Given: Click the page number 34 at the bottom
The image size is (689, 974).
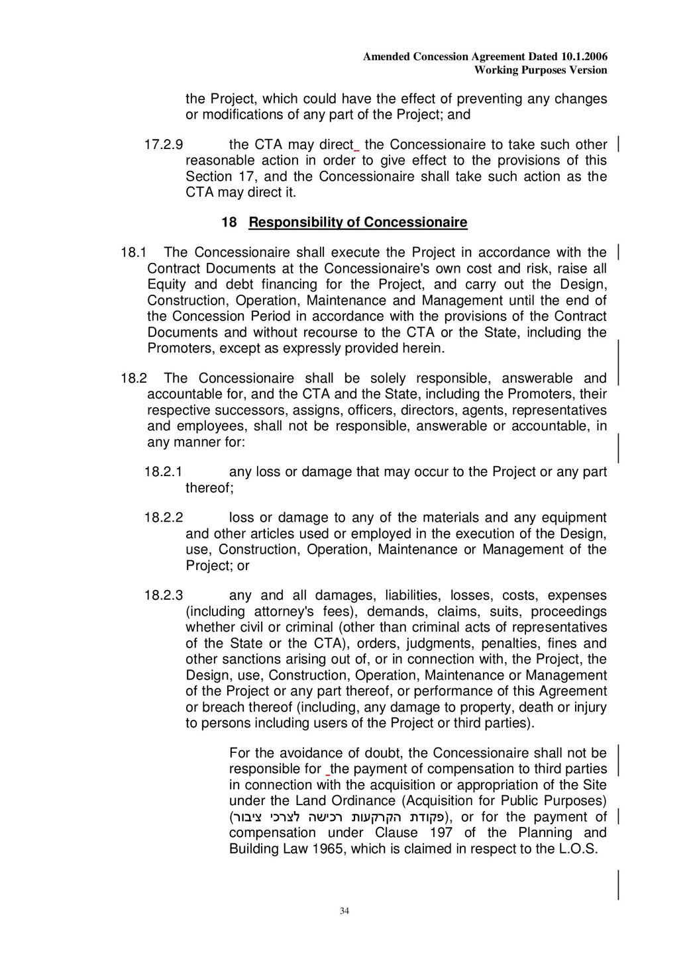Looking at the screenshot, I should pos(344,911).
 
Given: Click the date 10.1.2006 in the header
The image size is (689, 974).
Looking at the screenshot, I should pos(584,57).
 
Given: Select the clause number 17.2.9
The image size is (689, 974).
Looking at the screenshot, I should pos(164,144).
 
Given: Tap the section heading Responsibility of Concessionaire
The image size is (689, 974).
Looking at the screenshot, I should pos(358,222).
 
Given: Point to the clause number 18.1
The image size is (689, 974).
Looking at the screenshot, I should pos(133,252).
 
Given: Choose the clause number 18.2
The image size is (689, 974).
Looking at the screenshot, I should pos(133,378).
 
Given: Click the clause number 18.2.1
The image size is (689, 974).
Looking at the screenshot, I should pos(163,471).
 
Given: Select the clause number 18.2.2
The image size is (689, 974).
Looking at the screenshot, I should pos(164,517).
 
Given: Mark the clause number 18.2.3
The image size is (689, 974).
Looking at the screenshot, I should pos(164,595).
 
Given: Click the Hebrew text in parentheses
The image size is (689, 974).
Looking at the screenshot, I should pos(337,817).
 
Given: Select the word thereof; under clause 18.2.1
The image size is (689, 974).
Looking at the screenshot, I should pos(209,488).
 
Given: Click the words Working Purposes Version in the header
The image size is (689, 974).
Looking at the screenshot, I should pos(541,70).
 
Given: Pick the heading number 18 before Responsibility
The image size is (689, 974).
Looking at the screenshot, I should pos(229,222).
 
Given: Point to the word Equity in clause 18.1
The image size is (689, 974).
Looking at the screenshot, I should pos(166,285).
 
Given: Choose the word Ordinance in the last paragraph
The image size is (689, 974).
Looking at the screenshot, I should pos(363,801).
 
